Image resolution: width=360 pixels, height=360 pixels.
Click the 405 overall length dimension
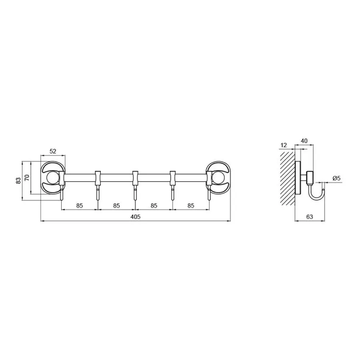pos(136,216)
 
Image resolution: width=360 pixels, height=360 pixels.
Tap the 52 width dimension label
pos(53,151)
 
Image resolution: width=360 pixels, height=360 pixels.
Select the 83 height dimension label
pos(18,181)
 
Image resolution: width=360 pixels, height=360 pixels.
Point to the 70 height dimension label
pos(27,178)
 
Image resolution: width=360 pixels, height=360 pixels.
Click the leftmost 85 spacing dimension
pos(80,206)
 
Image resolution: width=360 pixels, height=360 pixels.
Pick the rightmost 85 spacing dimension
pos(191,206)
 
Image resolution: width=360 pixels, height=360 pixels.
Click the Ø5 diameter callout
pos(336,178)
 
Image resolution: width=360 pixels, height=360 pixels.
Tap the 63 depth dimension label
pos(310,216)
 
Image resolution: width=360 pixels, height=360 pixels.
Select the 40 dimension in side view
pos(304,141)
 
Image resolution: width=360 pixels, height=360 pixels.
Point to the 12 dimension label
pos(284,145)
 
